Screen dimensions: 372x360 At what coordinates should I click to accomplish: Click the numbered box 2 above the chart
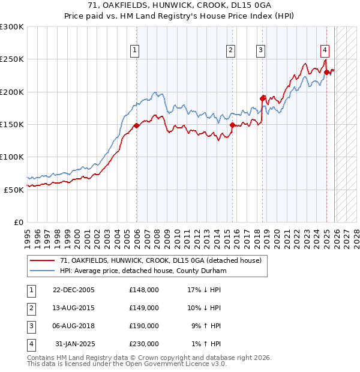tap(230, 51)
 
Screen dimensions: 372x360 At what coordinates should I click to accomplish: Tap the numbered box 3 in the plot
tap(261, 51)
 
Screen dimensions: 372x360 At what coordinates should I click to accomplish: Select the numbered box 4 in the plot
tap(324, 51)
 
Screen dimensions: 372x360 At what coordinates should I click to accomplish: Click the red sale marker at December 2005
tap(136, 125)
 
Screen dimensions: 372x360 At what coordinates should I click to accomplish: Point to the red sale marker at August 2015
tap(232, 125)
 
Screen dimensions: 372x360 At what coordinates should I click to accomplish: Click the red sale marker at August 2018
tap(262, 98)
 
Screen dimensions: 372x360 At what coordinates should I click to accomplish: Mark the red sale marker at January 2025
tap(327, 72)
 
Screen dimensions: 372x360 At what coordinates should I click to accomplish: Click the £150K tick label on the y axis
tap(12, 125)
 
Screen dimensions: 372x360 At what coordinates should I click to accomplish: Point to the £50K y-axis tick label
tap(14, 190)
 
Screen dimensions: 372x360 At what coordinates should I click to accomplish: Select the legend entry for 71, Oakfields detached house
tap(160, 261)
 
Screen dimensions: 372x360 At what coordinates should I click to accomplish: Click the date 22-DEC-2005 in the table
tap(74, 290)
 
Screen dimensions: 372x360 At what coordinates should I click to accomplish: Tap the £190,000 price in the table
tap(144, 326)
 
